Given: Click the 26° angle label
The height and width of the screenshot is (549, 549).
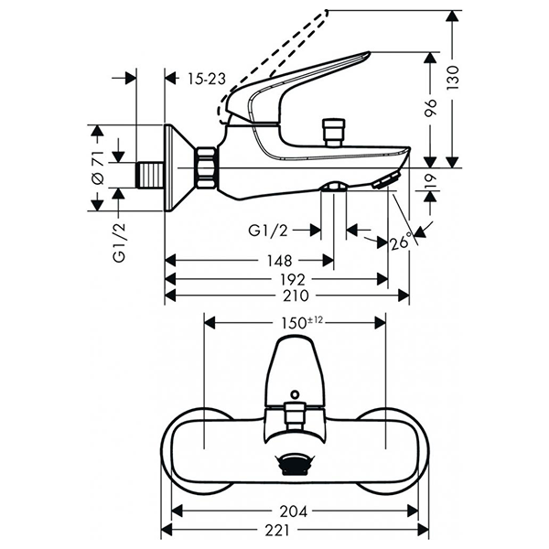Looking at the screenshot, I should (400, 242).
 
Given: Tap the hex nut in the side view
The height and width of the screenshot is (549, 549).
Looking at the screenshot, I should (206, 169).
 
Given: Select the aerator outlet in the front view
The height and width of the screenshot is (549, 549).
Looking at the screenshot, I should (295, 465).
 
